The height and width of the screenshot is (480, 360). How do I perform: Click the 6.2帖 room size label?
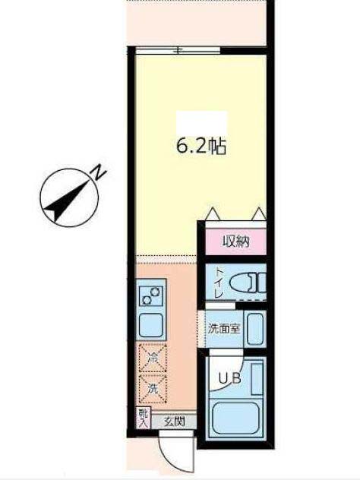pos(201,147)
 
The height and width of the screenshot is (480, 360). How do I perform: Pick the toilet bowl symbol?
pos(246,282)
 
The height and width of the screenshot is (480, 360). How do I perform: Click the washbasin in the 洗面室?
pos(254,327)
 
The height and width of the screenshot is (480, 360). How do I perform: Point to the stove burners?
pos(150,293)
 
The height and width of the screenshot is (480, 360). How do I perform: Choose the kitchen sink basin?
pos(150,325)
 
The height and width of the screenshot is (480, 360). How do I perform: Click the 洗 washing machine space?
pos(150,386)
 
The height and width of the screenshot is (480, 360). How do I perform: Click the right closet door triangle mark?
pos(258,214)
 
